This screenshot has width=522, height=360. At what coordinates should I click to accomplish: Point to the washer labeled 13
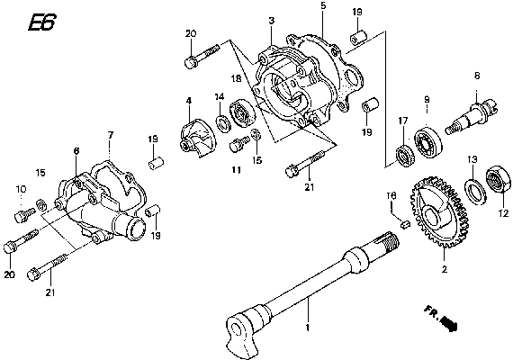[x=472, y=187]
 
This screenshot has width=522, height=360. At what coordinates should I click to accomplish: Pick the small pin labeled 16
[x=406, y=222]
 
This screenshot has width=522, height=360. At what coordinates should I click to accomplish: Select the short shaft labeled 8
[x=476, y=113]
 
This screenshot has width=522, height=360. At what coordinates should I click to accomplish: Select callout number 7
[x=110, y=136]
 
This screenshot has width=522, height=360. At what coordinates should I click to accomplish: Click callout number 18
[x=234, y=78]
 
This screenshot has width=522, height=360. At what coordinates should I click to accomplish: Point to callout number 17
[x=403, y=119]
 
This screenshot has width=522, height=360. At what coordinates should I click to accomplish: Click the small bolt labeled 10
[x=23, y=214]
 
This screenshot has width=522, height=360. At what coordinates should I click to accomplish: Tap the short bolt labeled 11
[x=239, y=143]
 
